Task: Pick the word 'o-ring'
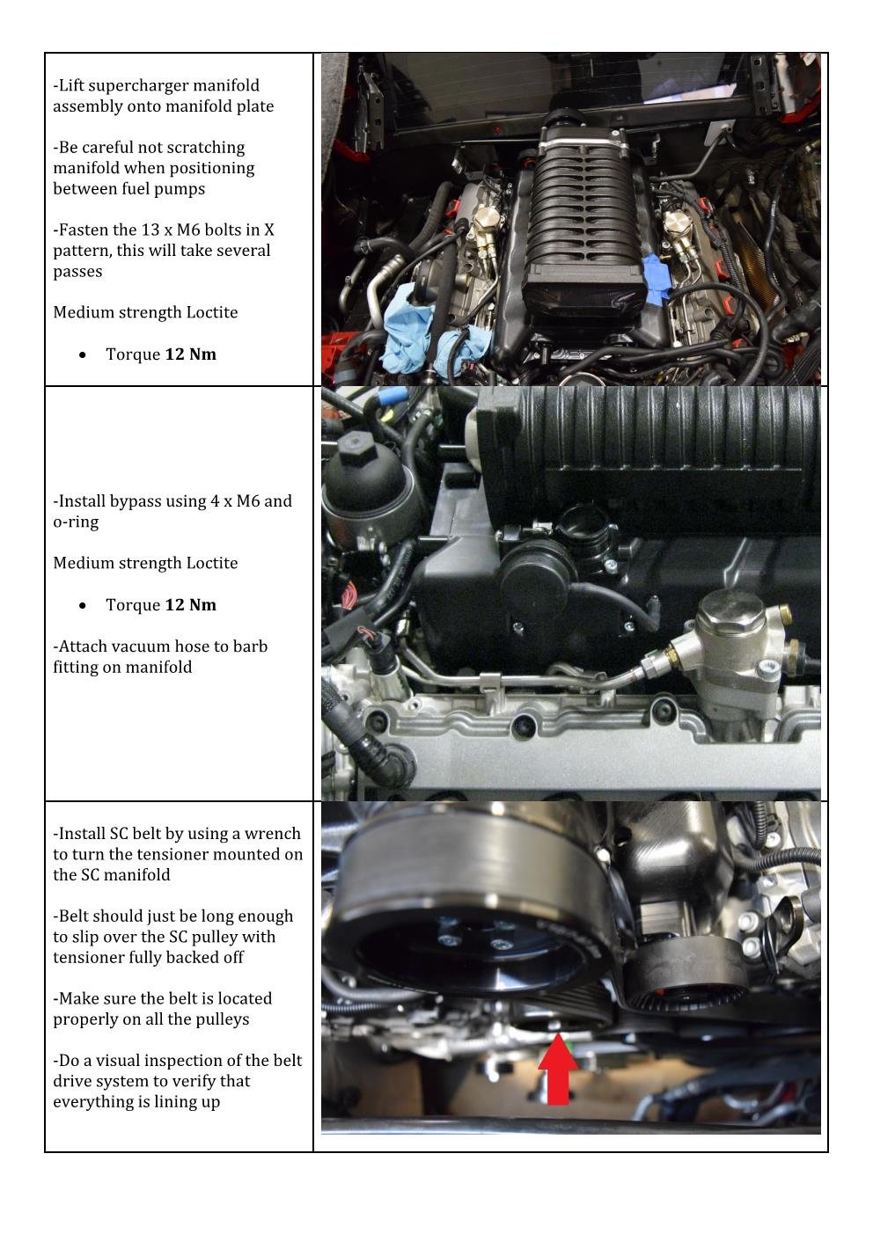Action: point(76,522)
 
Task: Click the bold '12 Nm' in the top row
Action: point(191,354)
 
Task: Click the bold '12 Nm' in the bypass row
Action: point(191,605)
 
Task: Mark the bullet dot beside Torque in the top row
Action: point(83,355)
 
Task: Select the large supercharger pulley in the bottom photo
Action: point(474,903)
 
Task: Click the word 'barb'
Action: point(250,646)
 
